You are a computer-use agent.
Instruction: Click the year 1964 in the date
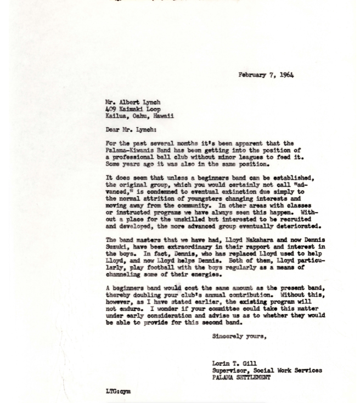click(286, 75)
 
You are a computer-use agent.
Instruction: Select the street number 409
click(111, 109)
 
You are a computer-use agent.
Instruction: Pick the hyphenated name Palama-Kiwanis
click(131, 150)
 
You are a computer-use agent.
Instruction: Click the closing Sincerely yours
click(239, 337)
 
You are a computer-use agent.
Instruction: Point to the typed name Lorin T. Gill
click(234, 364)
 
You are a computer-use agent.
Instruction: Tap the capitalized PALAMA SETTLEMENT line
click(241, 377)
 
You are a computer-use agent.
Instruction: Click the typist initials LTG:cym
click(118, 391)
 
